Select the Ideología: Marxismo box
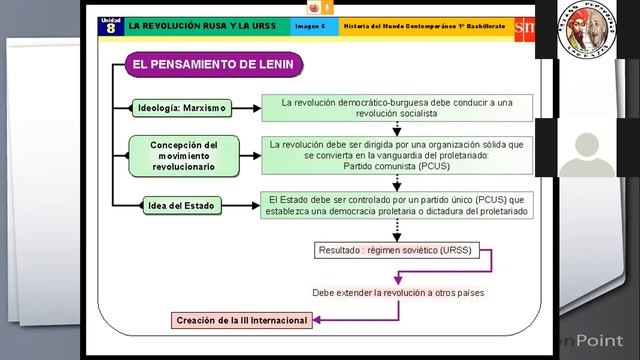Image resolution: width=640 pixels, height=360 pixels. coord(183,107)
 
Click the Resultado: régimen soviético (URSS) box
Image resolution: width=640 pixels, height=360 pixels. coord(394,249)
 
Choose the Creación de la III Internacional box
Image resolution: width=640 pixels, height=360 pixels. coord(241,321)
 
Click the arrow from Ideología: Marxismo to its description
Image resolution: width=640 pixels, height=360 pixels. coord(246,107)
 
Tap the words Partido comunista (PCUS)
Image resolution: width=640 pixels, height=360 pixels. coord(397,166)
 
